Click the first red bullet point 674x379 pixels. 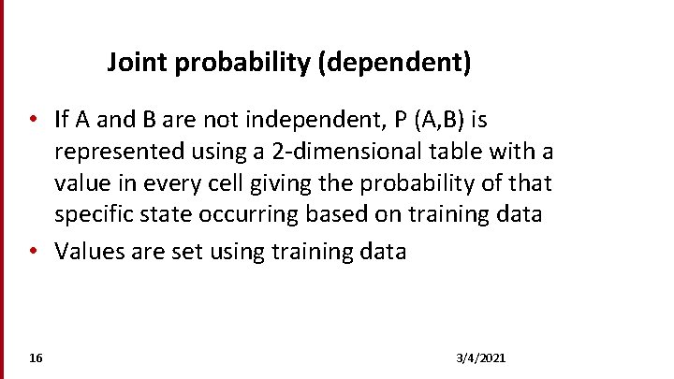pyautogui.click(x=33, y=120)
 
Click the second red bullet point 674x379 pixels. pyautogui.click(x=33, y=251)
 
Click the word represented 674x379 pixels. pyautogui.click(x=115, y=152)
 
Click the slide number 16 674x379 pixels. pyautogui.click(x=36, y=358)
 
